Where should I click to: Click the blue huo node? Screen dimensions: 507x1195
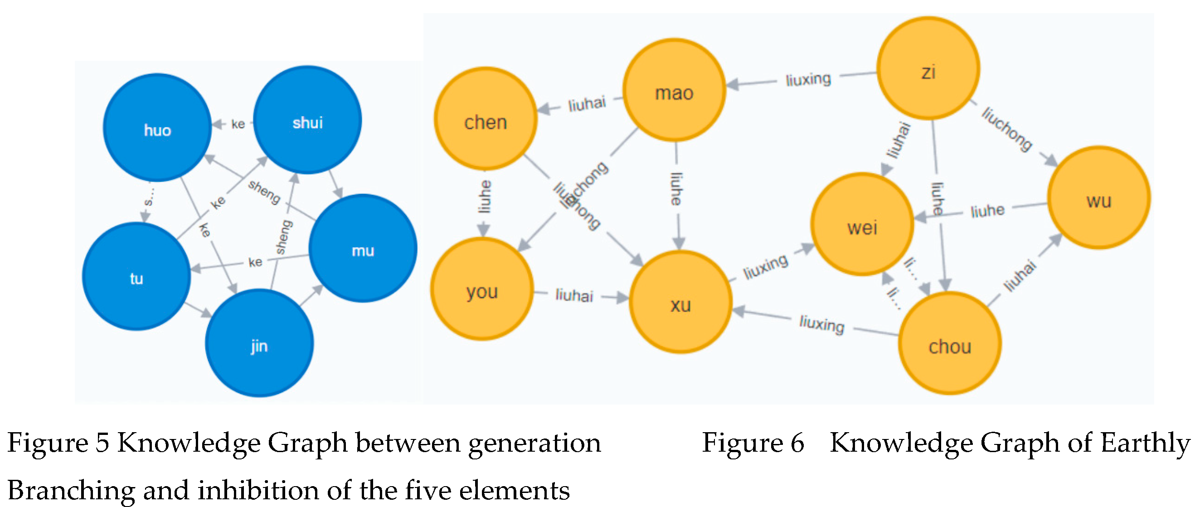pos(157,127)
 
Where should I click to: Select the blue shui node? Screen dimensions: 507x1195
pos(307,120)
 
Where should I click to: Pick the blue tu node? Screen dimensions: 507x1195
pos(136,277)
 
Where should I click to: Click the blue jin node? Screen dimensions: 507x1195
pos(259,343)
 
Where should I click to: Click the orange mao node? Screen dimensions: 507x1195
pos(674,90)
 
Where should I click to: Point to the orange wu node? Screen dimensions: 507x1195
pos(1098,198)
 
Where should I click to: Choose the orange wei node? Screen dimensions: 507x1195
pos(862,224)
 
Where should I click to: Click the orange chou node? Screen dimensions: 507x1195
pos(950,344)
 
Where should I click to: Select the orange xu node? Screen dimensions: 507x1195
pos(680,302)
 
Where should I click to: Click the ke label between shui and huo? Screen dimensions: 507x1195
pos(238,124)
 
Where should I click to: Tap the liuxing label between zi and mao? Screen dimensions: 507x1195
pos(808,79)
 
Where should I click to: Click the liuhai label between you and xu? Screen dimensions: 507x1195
pos(574,295)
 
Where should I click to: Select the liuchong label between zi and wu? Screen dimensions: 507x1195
pos(1007,129)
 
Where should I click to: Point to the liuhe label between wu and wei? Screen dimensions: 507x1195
pos(987,211)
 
